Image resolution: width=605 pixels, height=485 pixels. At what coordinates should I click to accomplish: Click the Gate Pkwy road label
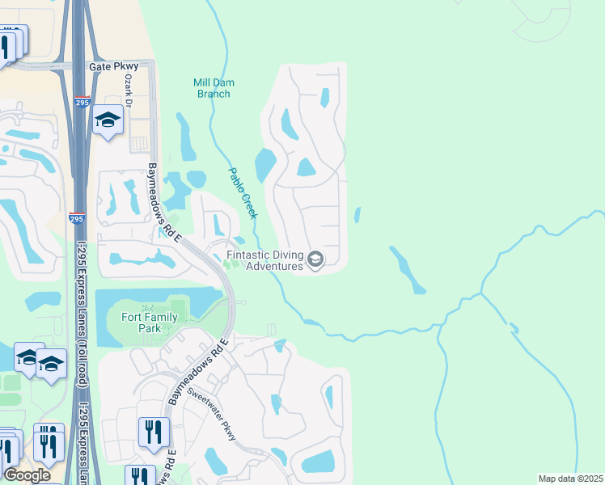coord(114,66)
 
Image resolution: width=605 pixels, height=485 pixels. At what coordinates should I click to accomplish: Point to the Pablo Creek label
coord(242,193)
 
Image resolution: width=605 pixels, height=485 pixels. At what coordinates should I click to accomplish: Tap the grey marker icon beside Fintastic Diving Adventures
coord(315,259)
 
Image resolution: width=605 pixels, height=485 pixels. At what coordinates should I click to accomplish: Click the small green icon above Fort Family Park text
coord(146,307)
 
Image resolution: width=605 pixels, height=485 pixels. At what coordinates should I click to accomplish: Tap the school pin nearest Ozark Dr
coord(107,121)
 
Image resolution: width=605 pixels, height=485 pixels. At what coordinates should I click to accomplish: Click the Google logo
coord(27,475)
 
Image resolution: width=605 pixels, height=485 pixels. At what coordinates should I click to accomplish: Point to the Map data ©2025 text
coord(569,479)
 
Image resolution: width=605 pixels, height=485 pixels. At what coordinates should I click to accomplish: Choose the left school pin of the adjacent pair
coord(27,359)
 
